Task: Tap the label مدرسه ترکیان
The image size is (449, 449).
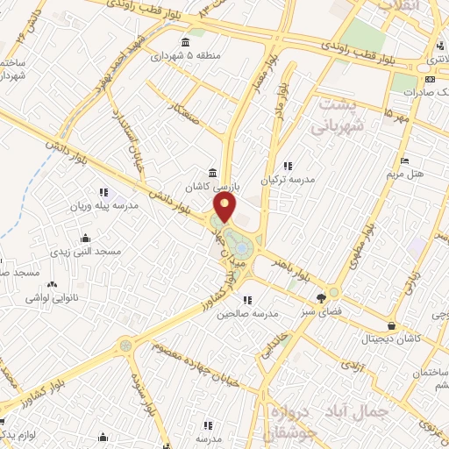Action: pyautogui.click(x=293, y=180)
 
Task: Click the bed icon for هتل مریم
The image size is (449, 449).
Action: pyautogui.click(x=403, y=160)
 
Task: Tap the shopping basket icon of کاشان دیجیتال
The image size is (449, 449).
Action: pyautogui.click(x=402, y=325)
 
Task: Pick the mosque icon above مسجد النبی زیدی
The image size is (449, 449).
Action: pyautogui.click(x=85, y=238)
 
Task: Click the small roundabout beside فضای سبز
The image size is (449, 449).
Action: pyautogui.click(x=333, y=292)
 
